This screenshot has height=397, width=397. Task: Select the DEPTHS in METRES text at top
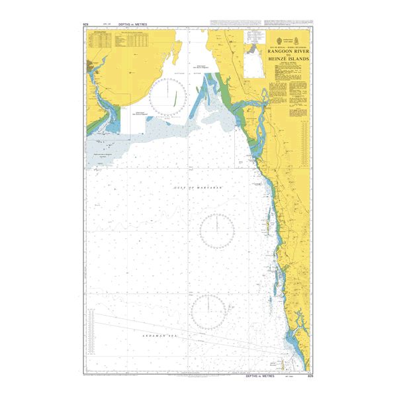[132, 24]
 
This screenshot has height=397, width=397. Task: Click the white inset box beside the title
[253, 63]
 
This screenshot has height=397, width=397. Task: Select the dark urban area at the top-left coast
[93, 66]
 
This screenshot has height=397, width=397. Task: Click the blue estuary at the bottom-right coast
[301, 357]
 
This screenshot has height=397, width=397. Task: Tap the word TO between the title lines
[289, 54]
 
